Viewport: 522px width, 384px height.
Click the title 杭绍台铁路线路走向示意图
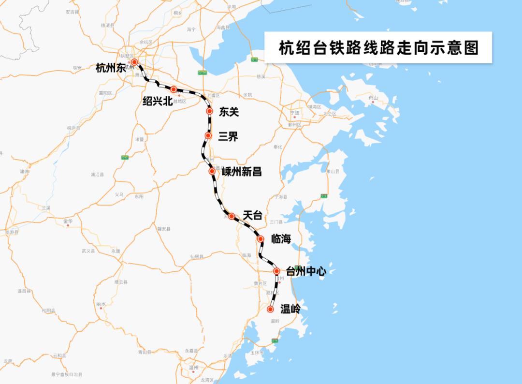tap(378, 48)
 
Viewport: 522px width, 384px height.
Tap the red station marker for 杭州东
tap(134, 62)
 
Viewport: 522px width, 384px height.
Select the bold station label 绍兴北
tap(157, 101)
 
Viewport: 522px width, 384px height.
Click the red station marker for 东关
tap(209, 111)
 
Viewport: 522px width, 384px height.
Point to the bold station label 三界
tap(228, 136)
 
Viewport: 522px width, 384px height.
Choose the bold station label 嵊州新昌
tap(242, 172)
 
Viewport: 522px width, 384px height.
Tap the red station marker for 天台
tap(232, 216)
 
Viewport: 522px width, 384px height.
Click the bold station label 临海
tap(281, 238)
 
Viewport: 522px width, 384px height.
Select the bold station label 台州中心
tap(306, 271)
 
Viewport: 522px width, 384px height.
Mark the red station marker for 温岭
tap(271, 310)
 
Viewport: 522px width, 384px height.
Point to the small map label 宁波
tap(295, 113)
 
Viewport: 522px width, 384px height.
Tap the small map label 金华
tap(68, 221)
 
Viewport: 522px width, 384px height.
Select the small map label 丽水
tap(101, 304)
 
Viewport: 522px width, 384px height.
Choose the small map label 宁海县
tap(281, 197)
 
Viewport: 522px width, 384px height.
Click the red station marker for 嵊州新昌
tap(212, 171)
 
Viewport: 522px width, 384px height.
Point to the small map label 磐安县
tap(164, 229)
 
